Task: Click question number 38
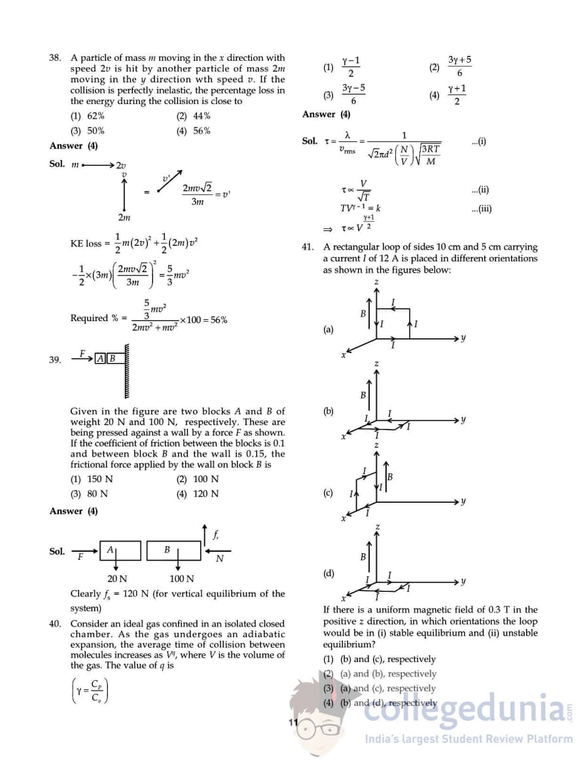55,58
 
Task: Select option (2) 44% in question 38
193,116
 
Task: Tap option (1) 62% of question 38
87,116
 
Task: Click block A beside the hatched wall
100,358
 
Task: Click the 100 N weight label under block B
181,579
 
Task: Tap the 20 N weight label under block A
117,579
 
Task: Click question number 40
55,624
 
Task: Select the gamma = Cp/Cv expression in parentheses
90,691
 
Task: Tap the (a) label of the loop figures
328,330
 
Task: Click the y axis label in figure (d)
464,581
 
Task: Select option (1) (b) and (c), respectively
380,659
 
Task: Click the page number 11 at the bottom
292,723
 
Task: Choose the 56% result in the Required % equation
218,320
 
